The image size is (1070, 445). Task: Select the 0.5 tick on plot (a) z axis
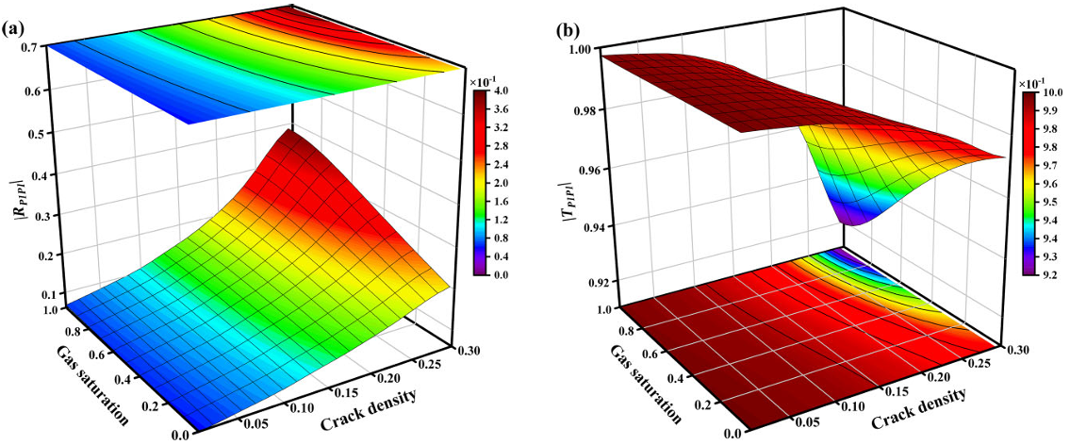[35, 134]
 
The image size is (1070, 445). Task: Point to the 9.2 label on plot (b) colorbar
[1045, 273]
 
